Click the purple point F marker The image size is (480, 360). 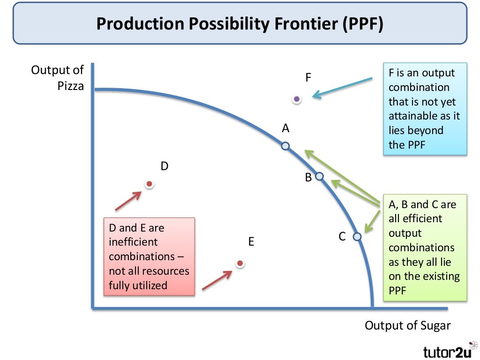[x=296, y=99]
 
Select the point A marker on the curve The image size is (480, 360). [x=285, y=146]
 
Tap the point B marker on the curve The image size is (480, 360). [x=319, y=176]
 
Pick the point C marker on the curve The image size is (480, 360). [x=357, y=237]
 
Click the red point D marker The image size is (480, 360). [x=149, y=184]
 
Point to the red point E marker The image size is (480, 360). [x=240, y=263]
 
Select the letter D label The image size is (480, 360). [x=164, y=166]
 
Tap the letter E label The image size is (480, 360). [x=251, y=242]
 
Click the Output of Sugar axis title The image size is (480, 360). [x=407, y=326]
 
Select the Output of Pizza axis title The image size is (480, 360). [x=57, y=78]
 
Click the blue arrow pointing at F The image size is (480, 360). [x=342, y=88]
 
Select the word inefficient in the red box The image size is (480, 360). [x=134, y=242]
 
